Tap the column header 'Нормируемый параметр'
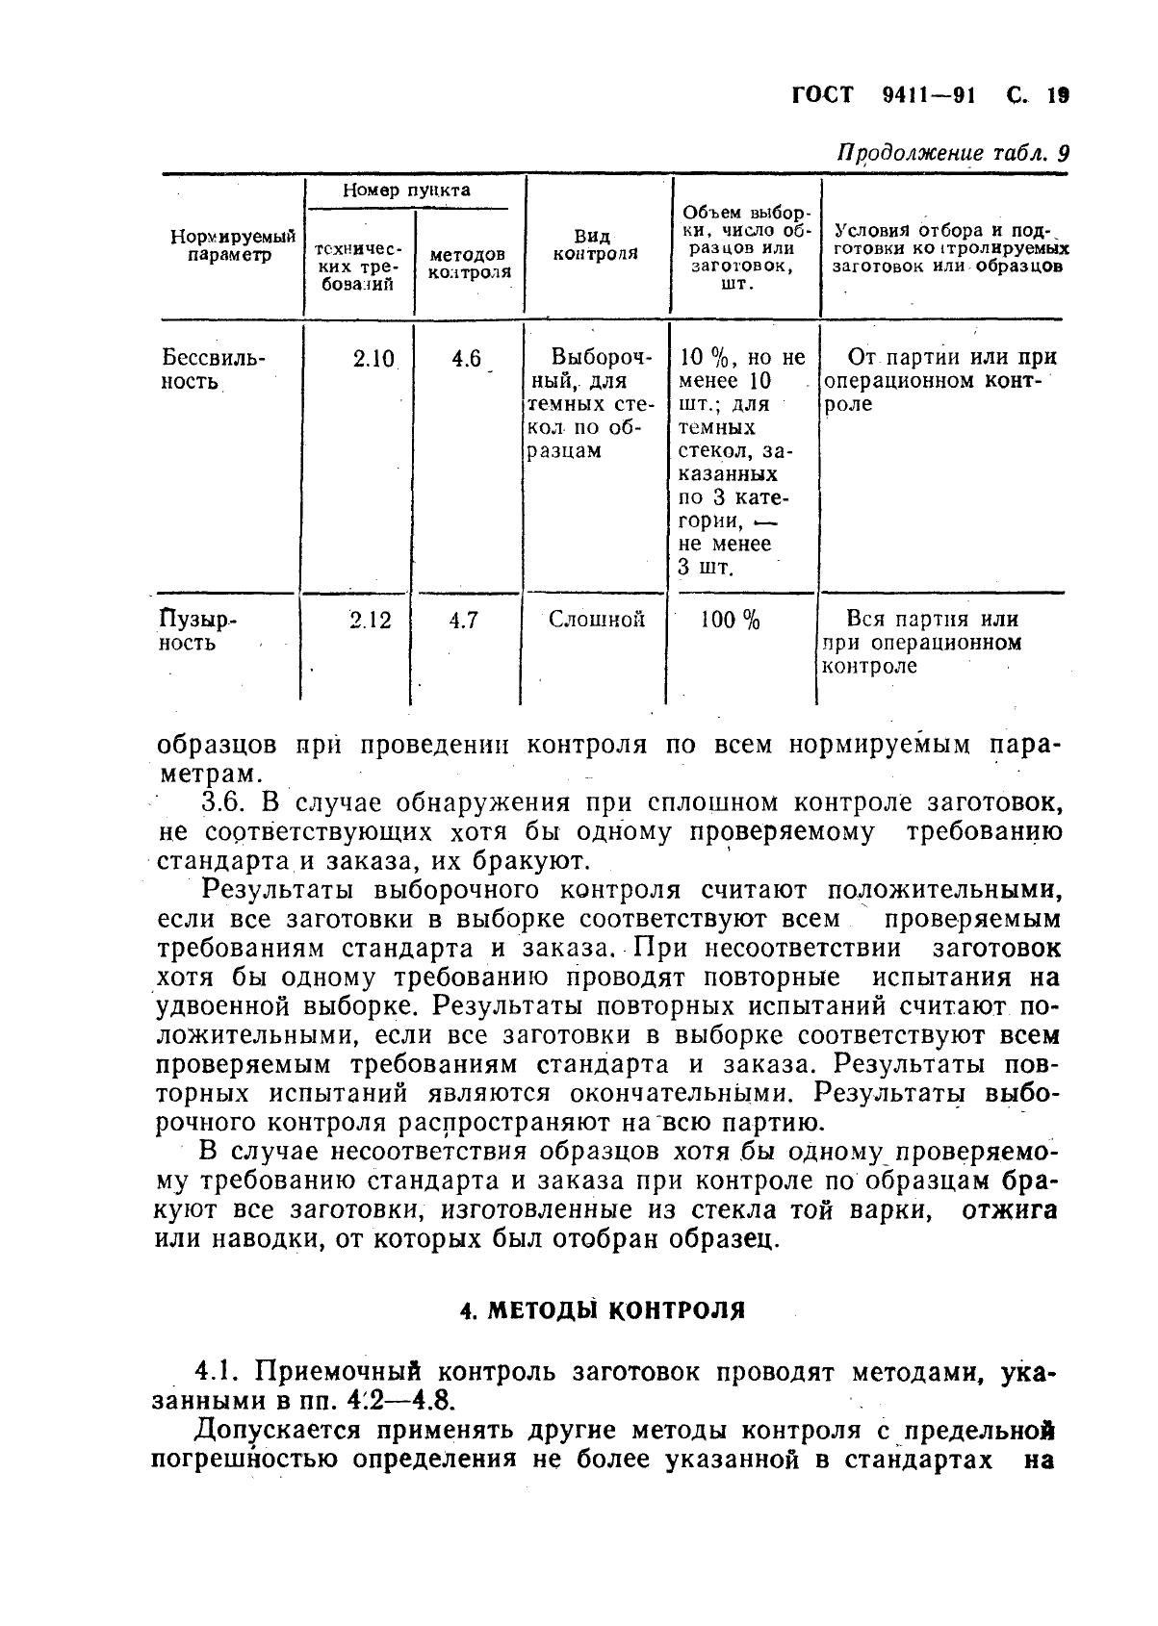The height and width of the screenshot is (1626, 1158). [232, 245]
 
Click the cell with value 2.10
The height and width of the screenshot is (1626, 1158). [373, 359]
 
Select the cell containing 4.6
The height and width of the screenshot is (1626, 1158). [466, 359]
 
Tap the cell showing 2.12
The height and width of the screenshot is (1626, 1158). [371, 622]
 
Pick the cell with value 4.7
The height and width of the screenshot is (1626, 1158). [464, 622]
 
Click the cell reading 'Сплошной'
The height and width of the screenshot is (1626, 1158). [597, 621]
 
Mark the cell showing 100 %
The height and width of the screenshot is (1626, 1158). [730, 622]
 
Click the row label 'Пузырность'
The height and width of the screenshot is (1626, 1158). [197, 631]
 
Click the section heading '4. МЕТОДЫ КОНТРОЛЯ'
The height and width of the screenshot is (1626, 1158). [604, 1310]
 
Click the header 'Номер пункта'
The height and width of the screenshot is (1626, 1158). [407, 191]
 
